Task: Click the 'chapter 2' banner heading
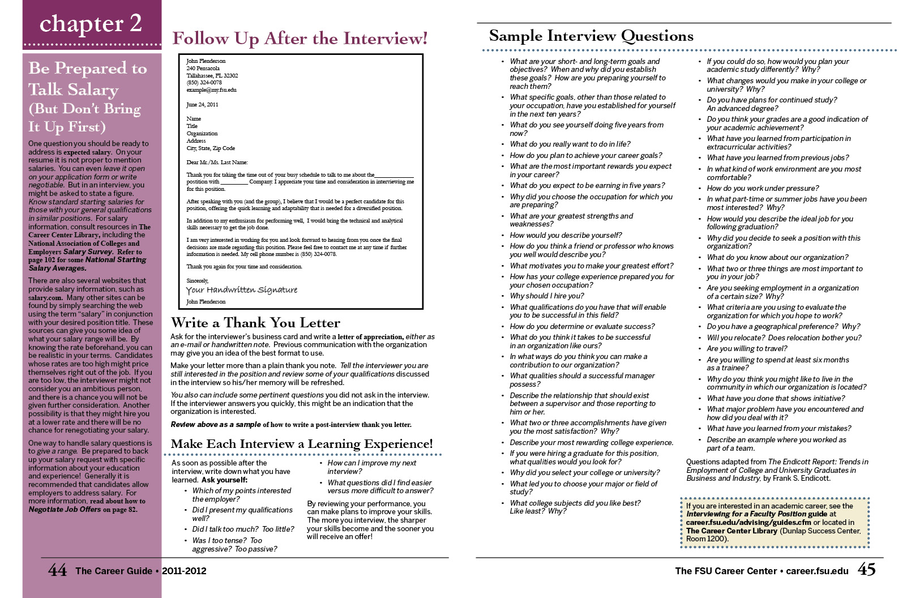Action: (x=91, y=23)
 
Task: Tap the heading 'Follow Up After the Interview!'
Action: (x=300, y=39)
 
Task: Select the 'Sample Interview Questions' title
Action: (x=591, y=36)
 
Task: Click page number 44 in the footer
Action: (x=57, y=570)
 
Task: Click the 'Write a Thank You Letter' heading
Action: (x=255, y=323)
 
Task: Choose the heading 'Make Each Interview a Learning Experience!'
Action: (x=302, y=444)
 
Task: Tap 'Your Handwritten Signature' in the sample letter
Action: (x=242, y=290)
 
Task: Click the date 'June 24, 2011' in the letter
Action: (x=202, y=105)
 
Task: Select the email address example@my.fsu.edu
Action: (x=211, y=90)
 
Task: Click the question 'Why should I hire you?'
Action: (x=546, y=296)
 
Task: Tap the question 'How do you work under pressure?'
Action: (x=762, y=189)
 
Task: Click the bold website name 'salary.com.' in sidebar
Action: (x=45, y=297)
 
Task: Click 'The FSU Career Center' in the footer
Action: (x=725, y=571)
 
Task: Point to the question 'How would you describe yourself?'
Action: (x=566, y=236)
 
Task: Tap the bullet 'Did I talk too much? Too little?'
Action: (x=243, y=529)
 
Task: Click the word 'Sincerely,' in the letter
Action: (x=198, y=281)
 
